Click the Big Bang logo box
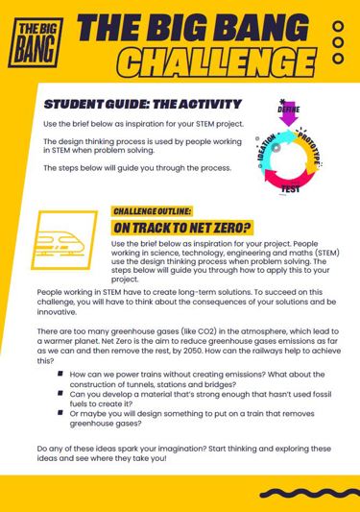(35, 41)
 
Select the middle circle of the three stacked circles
(337, 43)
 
